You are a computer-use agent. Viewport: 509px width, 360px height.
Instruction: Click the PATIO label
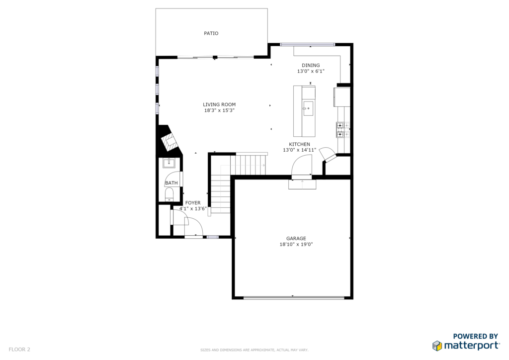211,33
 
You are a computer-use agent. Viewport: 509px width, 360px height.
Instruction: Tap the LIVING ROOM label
219,104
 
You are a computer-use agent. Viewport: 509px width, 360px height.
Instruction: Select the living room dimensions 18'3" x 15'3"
219,110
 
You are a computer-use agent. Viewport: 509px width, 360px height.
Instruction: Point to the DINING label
311,65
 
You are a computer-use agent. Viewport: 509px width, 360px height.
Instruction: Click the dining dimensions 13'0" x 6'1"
311,71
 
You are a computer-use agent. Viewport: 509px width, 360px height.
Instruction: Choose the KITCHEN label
299,144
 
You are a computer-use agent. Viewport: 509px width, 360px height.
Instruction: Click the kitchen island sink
308,108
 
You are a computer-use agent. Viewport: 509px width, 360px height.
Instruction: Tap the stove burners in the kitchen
343,129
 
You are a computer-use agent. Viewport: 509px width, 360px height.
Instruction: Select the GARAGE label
296,239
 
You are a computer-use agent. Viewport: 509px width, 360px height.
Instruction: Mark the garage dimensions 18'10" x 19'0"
296,245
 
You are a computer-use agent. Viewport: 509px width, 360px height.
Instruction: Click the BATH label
171,183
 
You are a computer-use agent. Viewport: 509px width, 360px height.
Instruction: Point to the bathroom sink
169,163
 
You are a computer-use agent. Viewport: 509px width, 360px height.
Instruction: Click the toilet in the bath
169,194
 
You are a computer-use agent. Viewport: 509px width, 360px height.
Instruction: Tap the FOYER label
193,203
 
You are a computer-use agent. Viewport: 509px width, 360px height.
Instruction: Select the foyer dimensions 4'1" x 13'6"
193,209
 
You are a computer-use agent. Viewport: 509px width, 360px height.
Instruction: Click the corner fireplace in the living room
169,140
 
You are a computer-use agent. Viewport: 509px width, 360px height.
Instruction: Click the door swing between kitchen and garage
302,166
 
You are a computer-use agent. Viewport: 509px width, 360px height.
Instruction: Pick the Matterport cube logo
437,346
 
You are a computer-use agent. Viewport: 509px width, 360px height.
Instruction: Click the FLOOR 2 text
19,350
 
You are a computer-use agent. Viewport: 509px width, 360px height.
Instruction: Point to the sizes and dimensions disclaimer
254,350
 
